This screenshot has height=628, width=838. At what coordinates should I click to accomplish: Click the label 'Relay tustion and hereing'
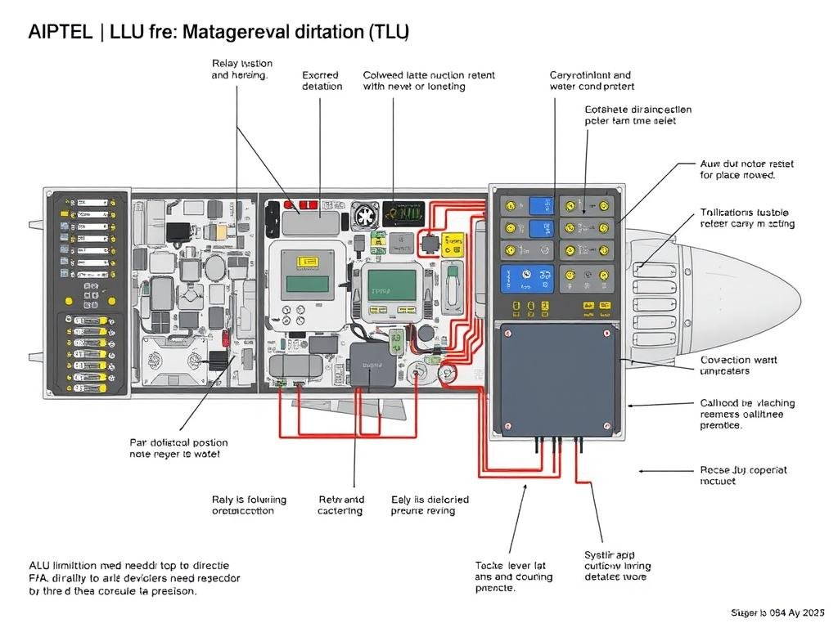(241, 69)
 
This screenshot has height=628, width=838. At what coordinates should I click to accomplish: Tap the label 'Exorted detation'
(321, 80)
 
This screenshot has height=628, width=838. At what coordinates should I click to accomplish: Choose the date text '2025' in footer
(813, 612)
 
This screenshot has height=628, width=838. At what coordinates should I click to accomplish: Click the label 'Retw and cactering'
(340, 505)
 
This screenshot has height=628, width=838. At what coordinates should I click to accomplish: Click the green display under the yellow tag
(308, 285)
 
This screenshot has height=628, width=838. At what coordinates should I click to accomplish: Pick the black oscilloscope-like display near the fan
(404, 213)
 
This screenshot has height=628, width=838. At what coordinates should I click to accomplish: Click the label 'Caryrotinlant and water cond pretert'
(591, 80)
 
